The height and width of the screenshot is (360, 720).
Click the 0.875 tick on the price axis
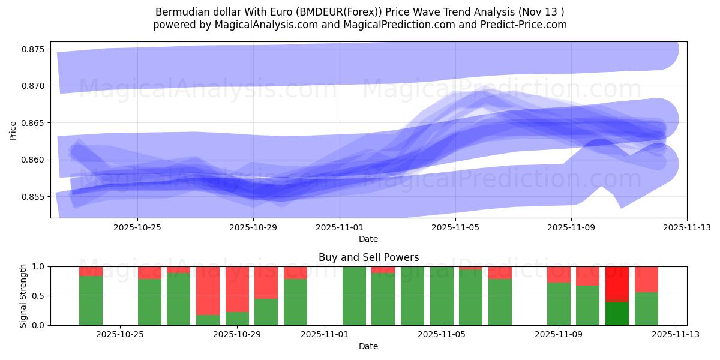35,49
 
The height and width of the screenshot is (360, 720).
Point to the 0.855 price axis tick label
35,197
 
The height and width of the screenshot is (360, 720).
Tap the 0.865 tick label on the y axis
35,123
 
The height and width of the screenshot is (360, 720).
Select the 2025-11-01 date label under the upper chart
340,227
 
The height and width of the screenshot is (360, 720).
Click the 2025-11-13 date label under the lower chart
676,335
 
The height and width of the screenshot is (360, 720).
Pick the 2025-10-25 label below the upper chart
137,227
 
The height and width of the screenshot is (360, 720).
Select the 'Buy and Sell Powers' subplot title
368,257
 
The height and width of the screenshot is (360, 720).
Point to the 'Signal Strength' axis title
23,296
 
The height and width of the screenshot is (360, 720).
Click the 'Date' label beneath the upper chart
368,239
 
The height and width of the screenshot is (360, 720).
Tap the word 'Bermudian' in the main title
178,12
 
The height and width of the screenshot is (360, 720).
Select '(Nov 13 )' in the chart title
542,12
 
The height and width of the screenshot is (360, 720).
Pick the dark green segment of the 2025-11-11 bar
617,313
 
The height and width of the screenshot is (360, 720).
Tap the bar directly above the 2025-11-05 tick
442,296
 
